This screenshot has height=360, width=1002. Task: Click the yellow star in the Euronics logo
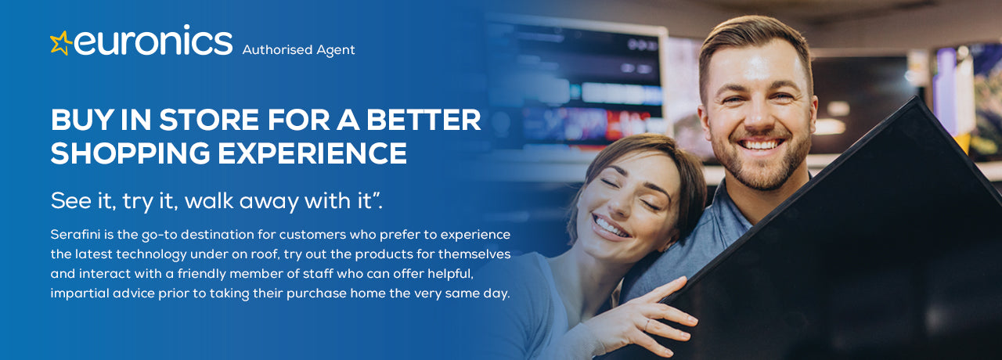pos(61,43)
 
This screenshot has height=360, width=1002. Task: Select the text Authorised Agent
pos(298,49)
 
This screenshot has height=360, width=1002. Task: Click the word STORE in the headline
pos(209,120)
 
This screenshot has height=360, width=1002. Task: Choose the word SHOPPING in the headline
pos(130,153)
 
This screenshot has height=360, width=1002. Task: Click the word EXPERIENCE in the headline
pos(312,153)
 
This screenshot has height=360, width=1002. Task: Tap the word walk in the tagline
pos(209,201)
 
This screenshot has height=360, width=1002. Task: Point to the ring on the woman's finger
pos(647,324)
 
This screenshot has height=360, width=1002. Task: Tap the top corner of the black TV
pos(916,98)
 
